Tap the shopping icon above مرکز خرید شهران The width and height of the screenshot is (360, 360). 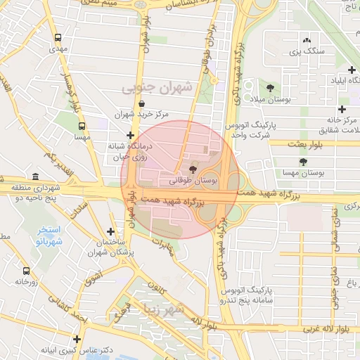pyautogui.click(x=143, y=103)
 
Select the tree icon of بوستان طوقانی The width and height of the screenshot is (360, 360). pyautogui.click(x=193, y=169)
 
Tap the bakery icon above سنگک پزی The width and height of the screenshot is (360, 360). pyautogui.click(x=307, y=40)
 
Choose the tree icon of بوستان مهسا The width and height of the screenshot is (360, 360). pyautogui.click(x=303, y=162)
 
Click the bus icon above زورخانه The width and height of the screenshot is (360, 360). pyautogui.click(x=26, y=271)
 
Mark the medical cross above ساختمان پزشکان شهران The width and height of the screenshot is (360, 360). pyautogui.click(x=110, y=231)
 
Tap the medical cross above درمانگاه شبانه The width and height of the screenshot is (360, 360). pyautogui.click(x=130, y=136)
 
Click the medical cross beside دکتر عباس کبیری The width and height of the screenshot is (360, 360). pyautogui.click(x=77, y=339)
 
